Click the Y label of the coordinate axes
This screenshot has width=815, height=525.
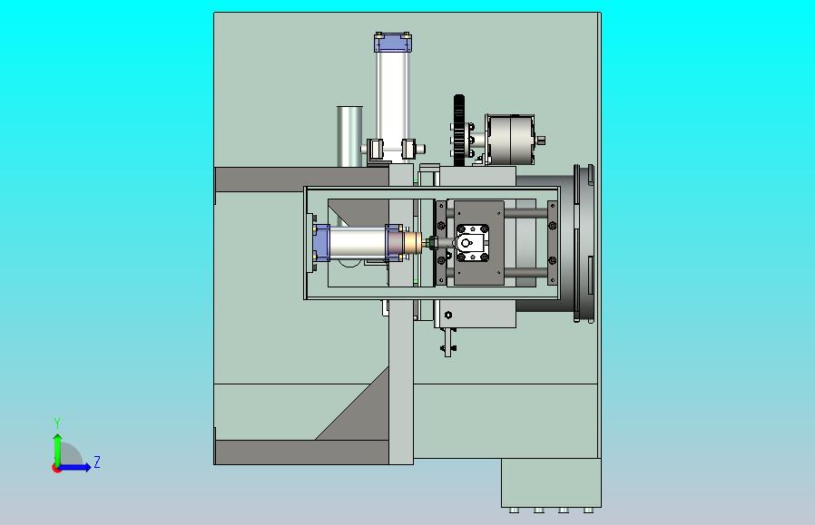click(x=58, y=423)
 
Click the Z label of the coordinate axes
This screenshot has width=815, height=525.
click(x=97, y=462)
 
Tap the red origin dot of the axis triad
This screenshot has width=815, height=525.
click(x=56, y=469)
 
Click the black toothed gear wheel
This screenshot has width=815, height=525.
click(x=458, y=131)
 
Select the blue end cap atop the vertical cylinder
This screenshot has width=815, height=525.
click(x=393, y=42)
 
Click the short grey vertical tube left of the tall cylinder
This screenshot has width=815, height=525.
click(x=349, y=137)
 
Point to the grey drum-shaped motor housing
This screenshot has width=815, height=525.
click(x=510, y=140)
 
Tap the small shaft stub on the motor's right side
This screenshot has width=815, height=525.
click(x=541, y=140)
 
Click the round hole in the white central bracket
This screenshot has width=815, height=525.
click(x=466, y=243)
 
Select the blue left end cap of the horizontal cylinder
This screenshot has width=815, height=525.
click(x=321, y=242)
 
